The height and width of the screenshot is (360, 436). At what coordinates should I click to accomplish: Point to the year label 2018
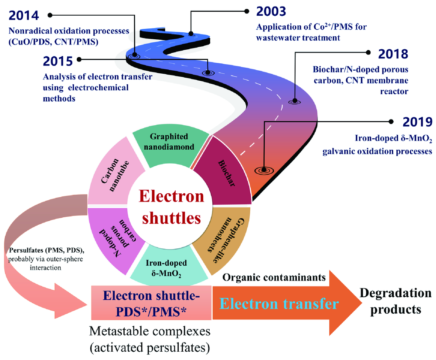tap(392, 54)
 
